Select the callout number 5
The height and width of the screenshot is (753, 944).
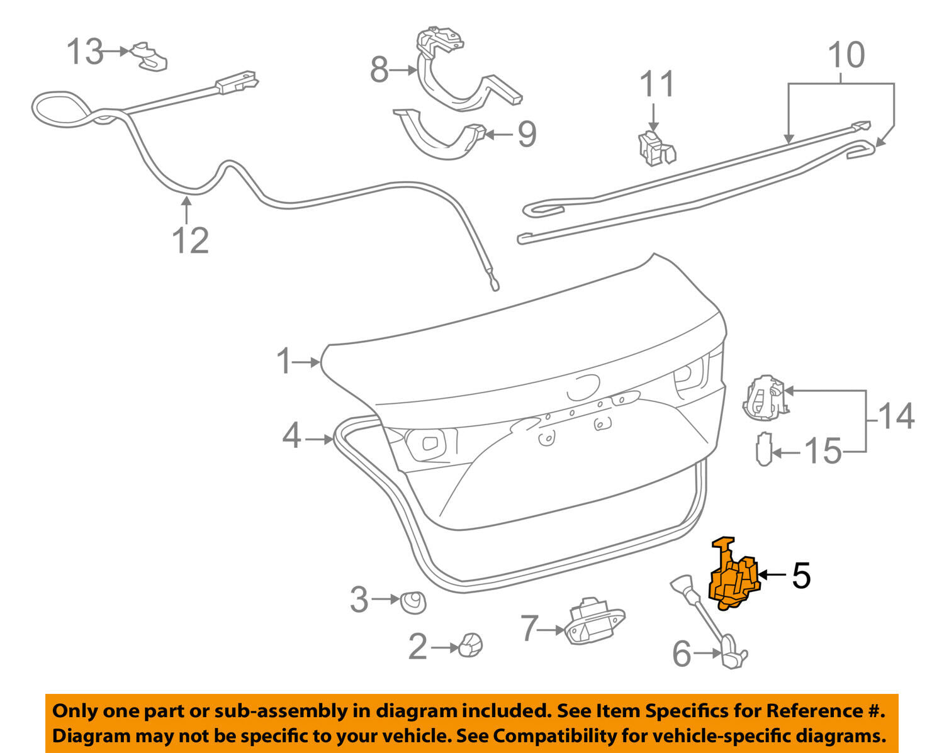pos(801,575)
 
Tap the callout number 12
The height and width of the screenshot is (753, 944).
pos(190,240)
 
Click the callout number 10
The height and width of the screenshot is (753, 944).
pos(846,55)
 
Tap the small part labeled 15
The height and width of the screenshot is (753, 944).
pos(763,449)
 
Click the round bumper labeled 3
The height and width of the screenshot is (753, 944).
pos(413,602)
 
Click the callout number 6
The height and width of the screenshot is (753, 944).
pos(682,654)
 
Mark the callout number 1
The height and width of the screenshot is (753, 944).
pos(284,362)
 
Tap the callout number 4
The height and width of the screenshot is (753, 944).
pos(291,435)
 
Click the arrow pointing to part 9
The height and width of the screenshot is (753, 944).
pos(500,133)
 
